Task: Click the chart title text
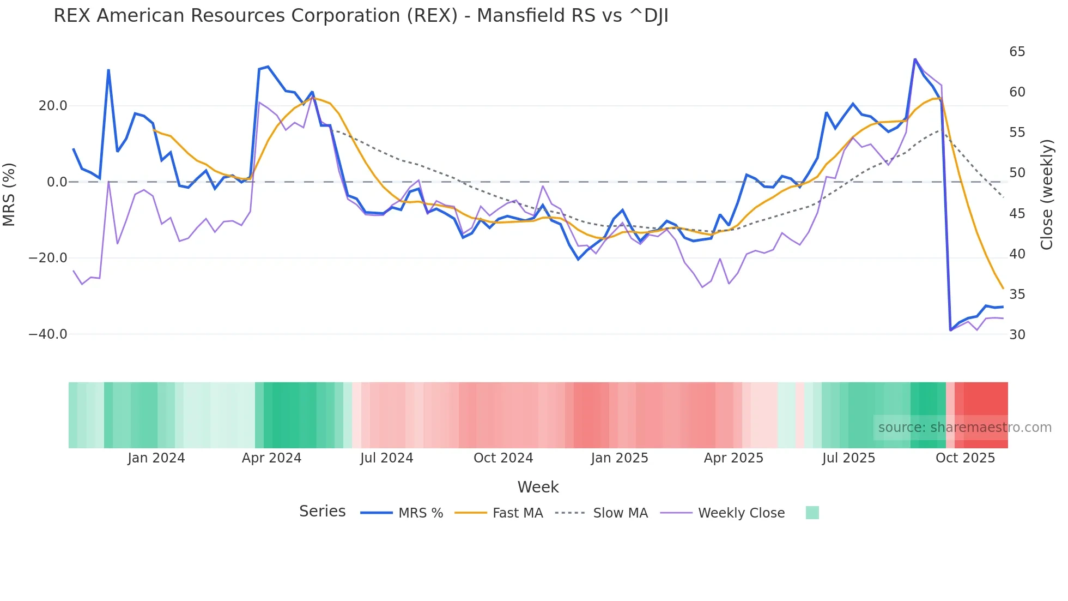click(x=361, y=16)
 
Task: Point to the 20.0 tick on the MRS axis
click(x=53, y=106)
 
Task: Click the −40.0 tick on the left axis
click(x=48, y=334)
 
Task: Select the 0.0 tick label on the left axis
click(x=57, y=182)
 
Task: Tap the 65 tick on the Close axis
click(x=1017, y=52)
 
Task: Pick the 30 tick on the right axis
click(x=1017, y=335)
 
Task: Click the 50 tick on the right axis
click(x=1017, y=173)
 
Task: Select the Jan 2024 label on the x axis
click(x=156, y=458)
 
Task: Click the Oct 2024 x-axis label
click(x=503, y=458)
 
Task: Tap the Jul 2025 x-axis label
click(x=848, y=458)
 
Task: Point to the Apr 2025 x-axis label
click(x=733, y=458)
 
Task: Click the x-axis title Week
click(x=538, y=487)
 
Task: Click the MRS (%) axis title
click(x=9, y=194)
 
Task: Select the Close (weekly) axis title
click(x=1046, y=194)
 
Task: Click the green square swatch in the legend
click(x=812, y=513)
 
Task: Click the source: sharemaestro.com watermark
click(x=964, y=428)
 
